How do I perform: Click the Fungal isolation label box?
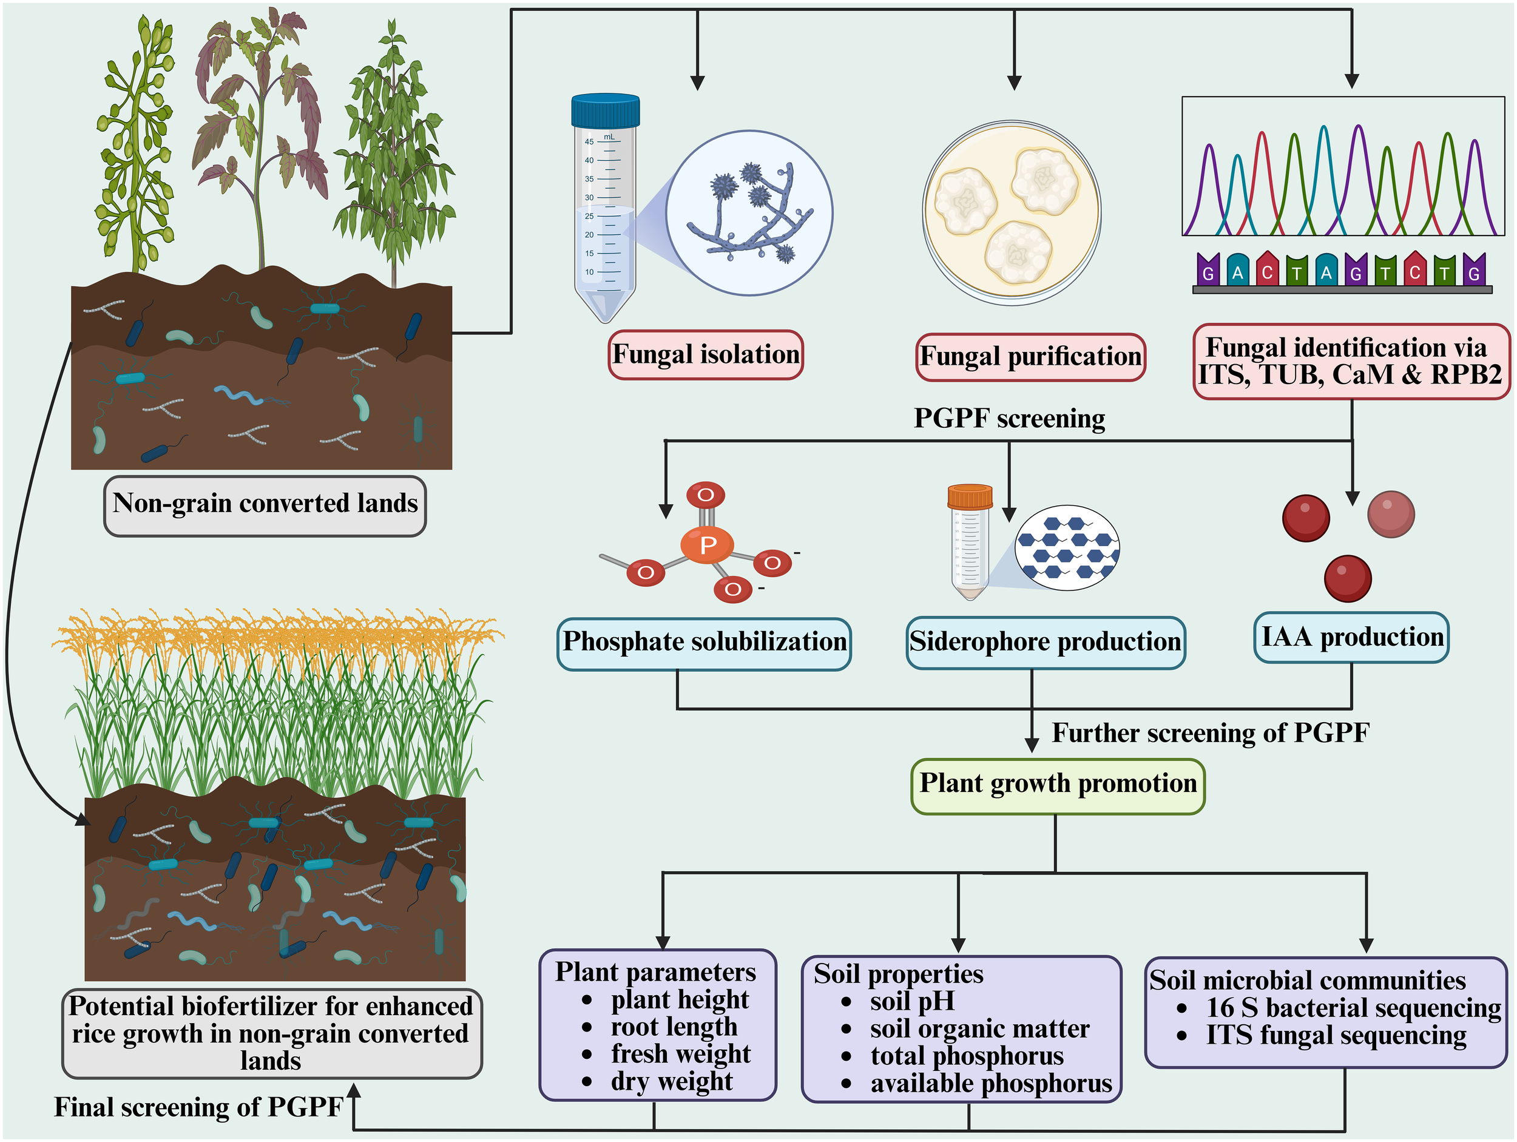coord(705,354)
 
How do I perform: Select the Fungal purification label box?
coord(1030,357)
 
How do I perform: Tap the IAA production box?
coord(1351,637)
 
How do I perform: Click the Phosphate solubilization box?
coord(704,643)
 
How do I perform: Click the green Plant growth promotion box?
coord(1058,785)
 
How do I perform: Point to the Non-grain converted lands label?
coord(265,505)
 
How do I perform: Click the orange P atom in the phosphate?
coord(707,546)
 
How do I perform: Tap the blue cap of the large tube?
coord(605,110)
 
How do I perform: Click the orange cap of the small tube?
coord(970,496)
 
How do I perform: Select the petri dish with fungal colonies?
coord(1012,212)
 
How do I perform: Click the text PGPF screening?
coord(1010,419)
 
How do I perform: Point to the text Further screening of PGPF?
coord(1211,733)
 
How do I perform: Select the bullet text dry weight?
coord(671,1082)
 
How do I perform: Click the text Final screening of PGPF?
coord(199,1107)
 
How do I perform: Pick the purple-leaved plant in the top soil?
coord(260,123)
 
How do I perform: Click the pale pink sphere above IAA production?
coord(1391,515)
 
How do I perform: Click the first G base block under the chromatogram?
coord(1208,269)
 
